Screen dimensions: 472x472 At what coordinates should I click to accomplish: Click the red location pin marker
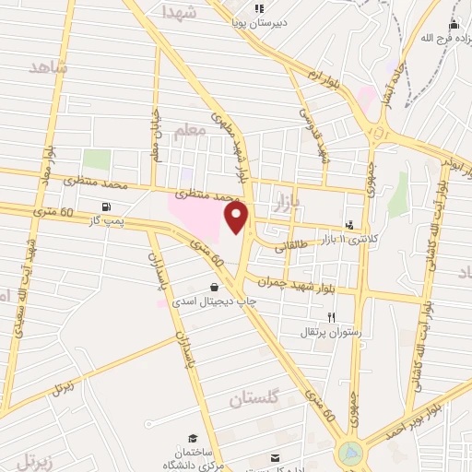pos(238,218)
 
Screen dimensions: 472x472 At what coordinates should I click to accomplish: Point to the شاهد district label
pos(49,67)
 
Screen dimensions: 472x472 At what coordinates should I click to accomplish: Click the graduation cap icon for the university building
pos(193,438)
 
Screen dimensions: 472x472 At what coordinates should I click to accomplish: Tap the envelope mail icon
pos(274,458)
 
